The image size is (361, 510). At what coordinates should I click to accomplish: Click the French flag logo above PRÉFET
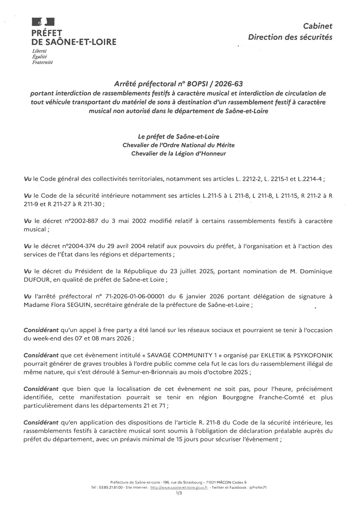(x=43, y=22)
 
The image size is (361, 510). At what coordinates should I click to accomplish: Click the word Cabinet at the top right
(x=318, y=26)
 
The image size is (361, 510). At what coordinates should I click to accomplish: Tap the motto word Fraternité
(x=43, y=63)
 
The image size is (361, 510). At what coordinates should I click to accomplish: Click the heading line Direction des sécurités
(x=290, y=37)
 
